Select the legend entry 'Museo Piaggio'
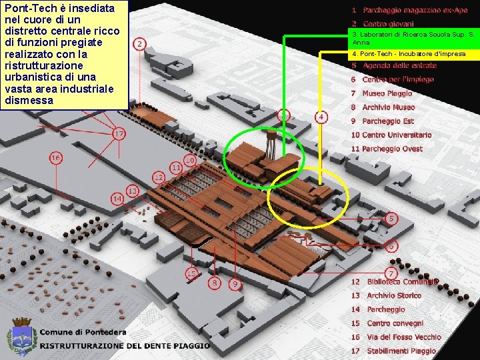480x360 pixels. tap(387, 94)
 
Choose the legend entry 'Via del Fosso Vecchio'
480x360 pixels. tap(395, 337)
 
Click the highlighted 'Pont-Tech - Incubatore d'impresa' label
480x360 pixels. tap(409, 53)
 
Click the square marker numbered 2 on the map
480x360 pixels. tap(139, 44)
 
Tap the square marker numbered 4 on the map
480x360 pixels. tap(321, 117)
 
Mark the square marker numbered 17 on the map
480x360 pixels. tap(118, 134)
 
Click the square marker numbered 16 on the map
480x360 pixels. tap(55, 159)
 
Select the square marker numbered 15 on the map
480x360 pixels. tap(192, 273)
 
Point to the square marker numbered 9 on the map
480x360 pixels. tap(234, 284)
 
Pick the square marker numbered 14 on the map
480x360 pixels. tap(117, 199)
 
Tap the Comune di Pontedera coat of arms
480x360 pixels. tap(21, 336)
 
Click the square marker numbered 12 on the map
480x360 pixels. tap(159, 177)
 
